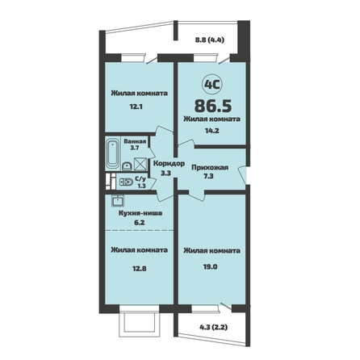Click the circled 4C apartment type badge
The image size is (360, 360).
pos(212,85)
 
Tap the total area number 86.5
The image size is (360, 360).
pos(213,106)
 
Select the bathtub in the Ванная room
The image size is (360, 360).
pos(113,154)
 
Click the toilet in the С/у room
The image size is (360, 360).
pos(126,182)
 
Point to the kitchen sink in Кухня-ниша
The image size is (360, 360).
pos(118,200)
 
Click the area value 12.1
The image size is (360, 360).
pos(136,107)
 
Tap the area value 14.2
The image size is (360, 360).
pos(212,131)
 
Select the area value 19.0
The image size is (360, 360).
pos(211,267)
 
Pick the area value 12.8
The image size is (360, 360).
pos(140,268)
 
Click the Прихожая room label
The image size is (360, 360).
pos(210,168)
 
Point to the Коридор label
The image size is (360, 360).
pos(169,164)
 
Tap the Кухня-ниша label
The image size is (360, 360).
pos(140,213)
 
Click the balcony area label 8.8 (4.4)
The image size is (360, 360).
pos(210,40)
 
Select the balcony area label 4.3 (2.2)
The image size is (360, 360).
pos(213,328)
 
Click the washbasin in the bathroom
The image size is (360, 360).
pos(127,166)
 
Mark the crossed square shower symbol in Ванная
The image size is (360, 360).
pos(140,164)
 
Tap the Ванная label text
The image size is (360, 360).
pos(135,141)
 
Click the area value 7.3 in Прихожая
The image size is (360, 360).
pos(208,176)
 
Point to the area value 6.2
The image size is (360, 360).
pos(140,223)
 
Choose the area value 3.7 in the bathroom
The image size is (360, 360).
pos(135,148)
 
